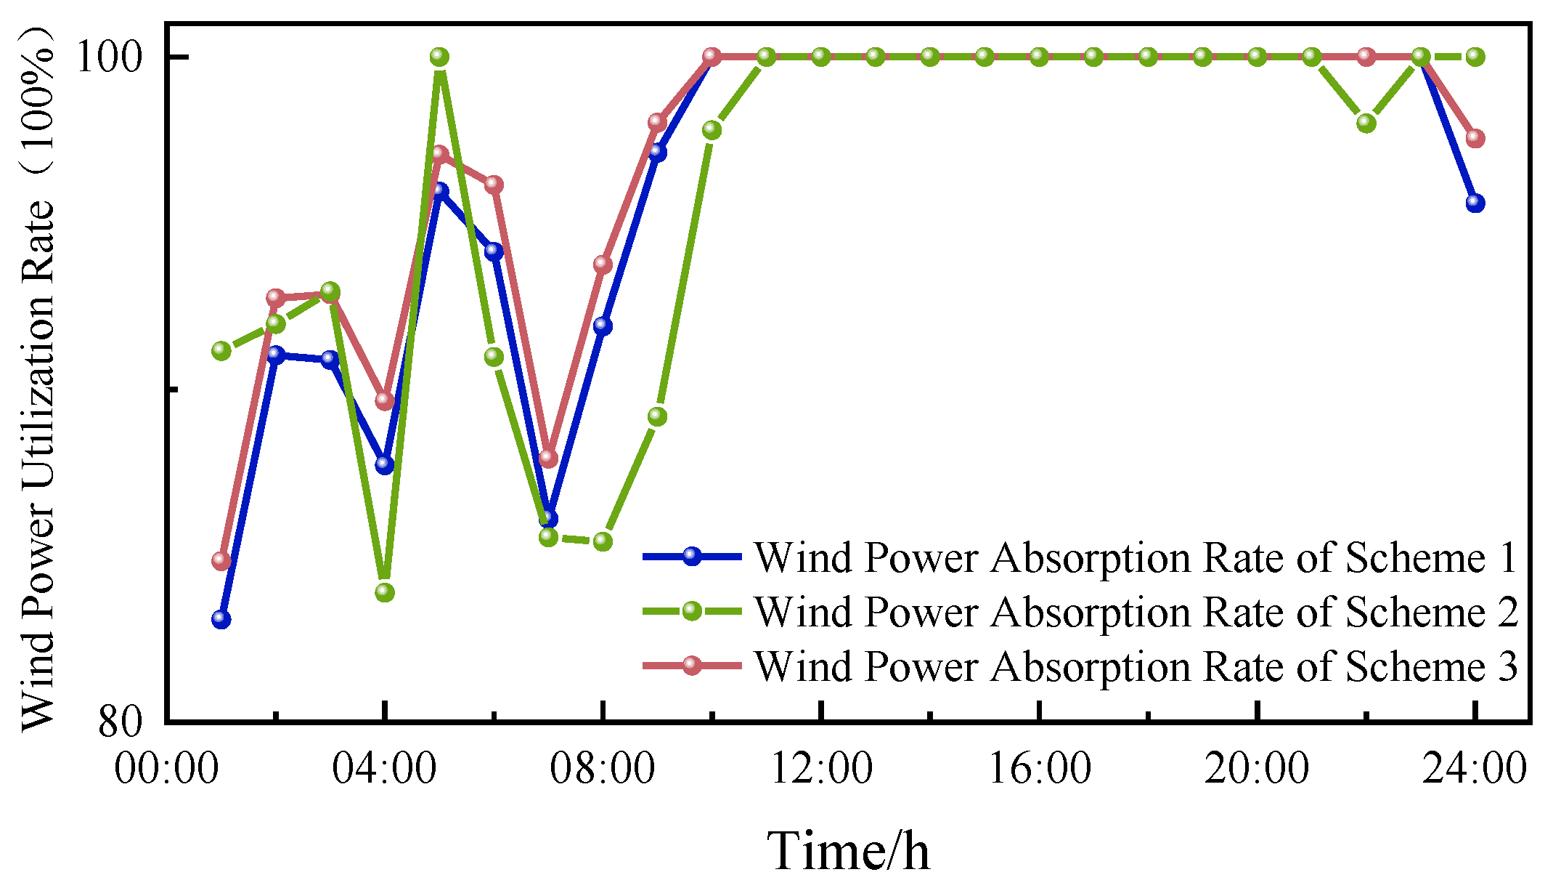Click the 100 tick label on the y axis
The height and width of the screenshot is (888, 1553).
click(110, 57)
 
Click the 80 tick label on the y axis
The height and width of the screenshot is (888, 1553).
click(121, 721)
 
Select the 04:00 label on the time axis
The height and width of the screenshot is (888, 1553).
click(384, 768)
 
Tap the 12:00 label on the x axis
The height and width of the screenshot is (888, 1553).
click(821, 768)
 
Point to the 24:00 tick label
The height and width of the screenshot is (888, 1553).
click(1475, 768)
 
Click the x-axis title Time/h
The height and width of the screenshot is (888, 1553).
click(848, 850)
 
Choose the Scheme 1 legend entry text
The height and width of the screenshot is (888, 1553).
click(1136, 558)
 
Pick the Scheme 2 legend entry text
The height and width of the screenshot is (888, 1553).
click(1136, 612)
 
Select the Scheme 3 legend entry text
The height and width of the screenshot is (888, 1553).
click(1136, 666)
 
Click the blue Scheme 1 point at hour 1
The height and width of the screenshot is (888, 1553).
click(221, 619)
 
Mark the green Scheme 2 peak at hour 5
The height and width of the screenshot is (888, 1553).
click(439, 57)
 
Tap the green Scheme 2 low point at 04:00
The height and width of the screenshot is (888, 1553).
click(385, 592)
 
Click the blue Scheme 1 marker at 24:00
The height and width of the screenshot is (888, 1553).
click(1475, 203)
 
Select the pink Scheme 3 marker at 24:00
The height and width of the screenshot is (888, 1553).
click(1475, 138)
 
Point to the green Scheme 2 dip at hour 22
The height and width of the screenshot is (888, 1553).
click(1366, 123)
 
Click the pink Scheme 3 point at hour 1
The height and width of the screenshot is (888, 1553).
click(221, 560)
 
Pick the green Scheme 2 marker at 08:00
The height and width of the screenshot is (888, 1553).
click(603, 541)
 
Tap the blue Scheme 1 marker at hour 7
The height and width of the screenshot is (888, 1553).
click(549, 518)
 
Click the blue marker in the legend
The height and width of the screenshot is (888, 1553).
click(692, 557)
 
